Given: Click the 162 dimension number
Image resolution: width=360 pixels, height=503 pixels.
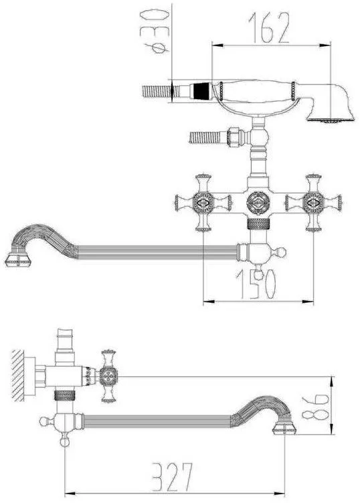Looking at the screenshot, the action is pyautogui.click(x=268, y=28).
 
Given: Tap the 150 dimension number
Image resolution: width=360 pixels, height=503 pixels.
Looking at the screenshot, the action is pyautogui.click(x=256, y=284).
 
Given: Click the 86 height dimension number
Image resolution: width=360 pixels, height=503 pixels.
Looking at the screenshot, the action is pyautogui.click(x=314, y=407).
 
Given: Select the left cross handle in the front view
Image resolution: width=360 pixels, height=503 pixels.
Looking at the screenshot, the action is pyautogui.click(x=203, y=203).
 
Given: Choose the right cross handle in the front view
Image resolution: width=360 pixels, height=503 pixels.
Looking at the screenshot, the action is pyautogui.click(x=313, y=203).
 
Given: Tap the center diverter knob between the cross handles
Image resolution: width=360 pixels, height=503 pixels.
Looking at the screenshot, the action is pyautogui.click(x=258, y=203).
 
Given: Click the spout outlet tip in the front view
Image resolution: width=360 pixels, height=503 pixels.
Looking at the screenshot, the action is pyautogui.click(x=18, y=259).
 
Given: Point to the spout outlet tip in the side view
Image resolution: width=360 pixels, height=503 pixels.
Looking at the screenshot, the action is pyautogui.click(x=284, y=429).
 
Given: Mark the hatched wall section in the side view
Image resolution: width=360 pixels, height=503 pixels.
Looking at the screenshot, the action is pyautogui.click(x=17, y=376).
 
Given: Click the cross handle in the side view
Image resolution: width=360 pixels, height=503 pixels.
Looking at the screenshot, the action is pyautogui.click(x=108, y=376).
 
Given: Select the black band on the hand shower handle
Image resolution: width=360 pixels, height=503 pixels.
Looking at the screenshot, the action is pyautogui.click(x=201, y=91).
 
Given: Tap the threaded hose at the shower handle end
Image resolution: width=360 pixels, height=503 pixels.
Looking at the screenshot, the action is pyautogui.click(x=156, y=91).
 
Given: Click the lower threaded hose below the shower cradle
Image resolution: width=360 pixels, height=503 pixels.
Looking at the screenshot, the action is pyautogui.click(x=205, y=137).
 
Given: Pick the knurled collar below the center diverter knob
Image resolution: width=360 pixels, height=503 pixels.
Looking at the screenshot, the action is pyautogui.click(x=258, y=223).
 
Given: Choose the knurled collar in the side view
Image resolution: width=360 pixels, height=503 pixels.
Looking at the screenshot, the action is pyautogui.click(x=65, y=396).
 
